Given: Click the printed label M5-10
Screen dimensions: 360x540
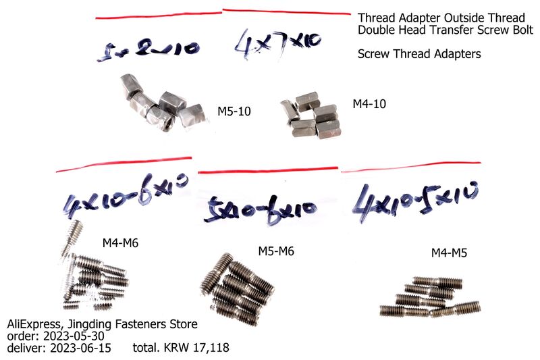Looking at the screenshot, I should (x=234, y=111).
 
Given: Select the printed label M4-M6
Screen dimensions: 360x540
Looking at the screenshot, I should (x=121, y=242).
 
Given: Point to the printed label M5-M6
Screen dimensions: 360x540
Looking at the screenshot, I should (x=277, y=251).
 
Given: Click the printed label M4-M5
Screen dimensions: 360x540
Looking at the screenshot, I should (x=449, y=253).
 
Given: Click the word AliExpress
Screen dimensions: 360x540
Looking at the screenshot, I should (x=33, y=325).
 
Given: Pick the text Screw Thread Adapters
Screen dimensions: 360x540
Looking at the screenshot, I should (x=419, y=54).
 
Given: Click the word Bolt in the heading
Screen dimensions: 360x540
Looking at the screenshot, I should (x=520, y=30).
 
